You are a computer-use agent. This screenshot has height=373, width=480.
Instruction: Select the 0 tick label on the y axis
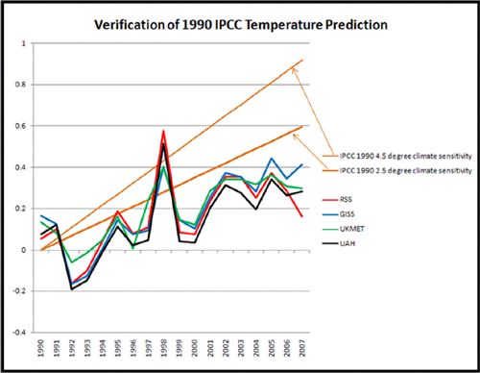click(31, 250)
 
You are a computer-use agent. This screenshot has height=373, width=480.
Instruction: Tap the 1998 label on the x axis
click(164, 349)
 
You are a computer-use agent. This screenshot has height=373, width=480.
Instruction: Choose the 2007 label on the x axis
click(302, 349)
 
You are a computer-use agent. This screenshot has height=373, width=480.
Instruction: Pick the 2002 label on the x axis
click(226, 349)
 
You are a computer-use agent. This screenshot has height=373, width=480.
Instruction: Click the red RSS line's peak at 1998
click(164, 131)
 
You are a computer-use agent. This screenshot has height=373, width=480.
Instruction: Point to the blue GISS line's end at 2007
click(302, 164)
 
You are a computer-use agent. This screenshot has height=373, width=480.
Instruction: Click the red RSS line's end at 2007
click(302, 216)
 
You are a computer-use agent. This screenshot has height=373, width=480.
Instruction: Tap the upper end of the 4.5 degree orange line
click(302, 60)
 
